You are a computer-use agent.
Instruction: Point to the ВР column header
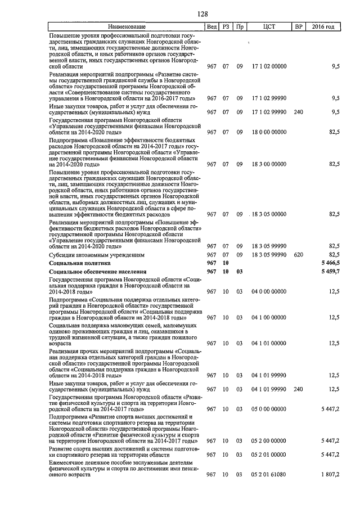click(x=298, y=26)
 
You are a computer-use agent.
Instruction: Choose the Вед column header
click(x=211, y=26)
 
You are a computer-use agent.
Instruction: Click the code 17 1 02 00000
click(x=269, y=66)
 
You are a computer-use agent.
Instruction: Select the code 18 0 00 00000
click(x=269, y=132)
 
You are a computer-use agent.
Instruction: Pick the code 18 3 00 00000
click(x=269, y=164)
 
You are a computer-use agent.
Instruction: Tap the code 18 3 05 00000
click(x=269, y=214)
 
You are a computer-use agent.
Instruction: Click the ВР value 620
click(x=298, y=254)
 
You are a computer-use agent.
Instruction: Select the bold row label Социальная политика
click(x=80, y=263)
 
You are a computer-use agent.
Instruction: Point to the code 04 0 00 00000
click(x=269, y=291)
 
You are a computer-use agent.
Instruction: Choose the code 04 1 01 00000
click(x=269, y=343)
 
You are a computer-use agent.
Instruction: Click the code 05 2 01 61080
click(x=269, y=475)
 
